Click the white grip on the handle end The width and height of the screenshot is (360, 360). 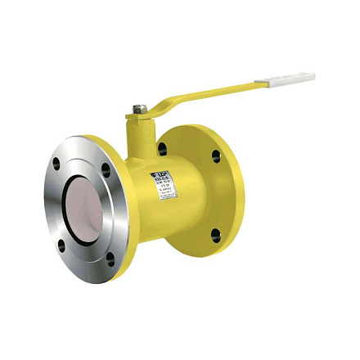click(x=284, y=79)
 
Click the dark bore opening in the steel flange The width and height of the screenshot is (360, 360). click(x=86, y=208)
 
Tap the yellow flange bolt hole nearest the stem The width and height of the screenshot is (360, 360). click(x=163, y=150)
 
